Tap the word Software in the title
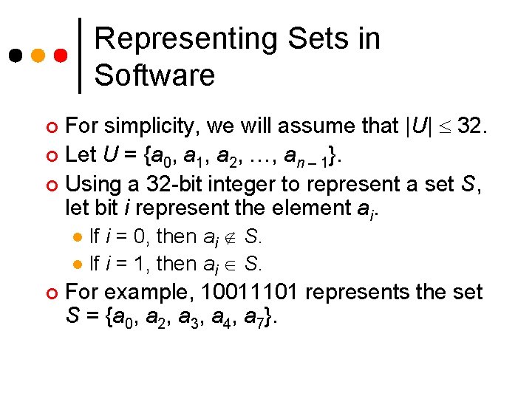click(154, 75)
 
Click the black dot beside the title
click(14, 56)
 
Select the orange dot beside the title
click(38, 56)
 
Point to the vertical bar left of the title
click(80, 56)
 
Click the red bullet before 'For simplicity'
click(51, 128)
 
